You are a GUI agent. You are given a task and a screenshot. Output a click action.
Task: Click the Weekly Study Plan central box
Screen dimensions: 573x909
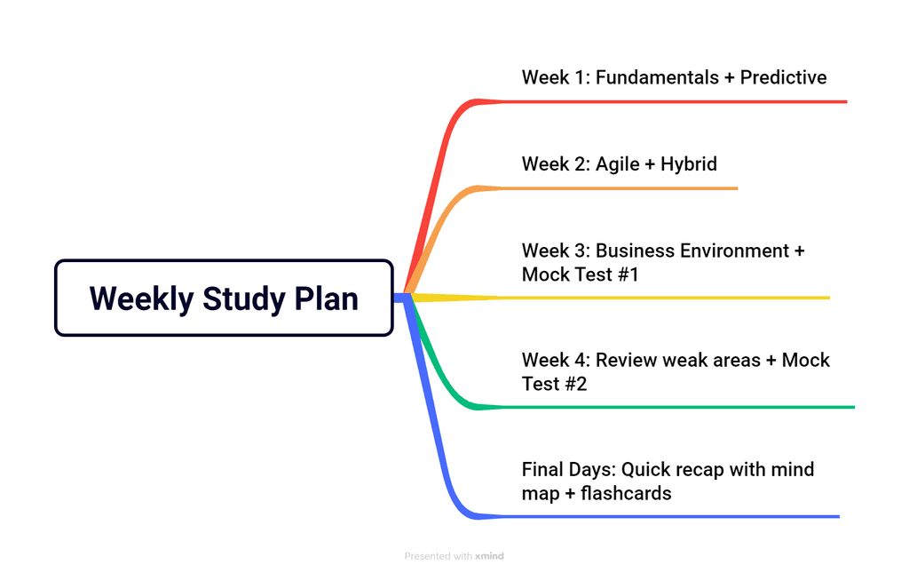(x=224, y=298)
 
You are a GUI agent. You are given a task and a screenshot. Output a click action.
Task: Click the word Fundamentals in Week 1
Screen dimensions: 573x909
(x=656, y=77)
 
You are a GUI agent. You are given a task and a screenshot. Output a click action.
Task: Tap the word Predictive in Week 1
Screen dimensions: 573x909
(x=783, y=77)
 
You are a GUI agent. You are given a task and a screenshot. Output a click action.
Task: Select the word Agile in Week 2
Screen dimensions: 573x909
(x=617, y=163)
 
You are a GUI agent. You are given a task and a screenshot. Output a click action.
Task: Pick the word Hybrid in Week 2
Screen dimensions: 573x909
(x=688, y=163)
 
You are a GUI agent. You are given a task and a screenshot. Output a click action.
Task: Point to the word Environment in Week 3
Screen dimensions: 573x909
(x=734, y=251)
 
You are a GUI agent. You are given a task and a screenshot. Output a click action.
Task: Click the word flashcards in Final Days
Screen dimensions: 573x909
(x=626, y=493)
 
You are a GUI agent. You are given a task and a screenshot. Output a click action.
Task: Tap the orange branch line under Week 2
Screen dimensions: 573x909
(x=621, y=188)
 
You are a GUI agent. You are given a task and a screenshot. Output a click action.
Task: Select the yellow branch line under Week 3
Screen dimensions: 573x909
(x=666, y=298)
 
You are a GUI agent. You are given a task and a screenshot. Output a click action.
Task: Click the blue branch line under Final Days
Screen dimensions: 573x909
(x=666, y=516)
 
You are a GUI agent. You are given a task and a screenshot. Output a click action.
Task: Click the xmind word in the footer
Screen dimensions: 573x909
(x=489, y=556)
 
